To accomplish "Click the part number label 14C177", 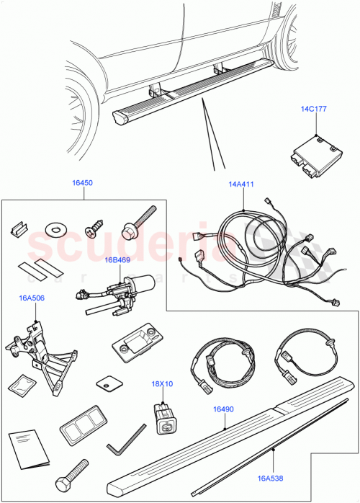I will (x=314, y=110).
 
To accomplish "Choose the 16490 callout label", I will (x=222, y=409).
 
